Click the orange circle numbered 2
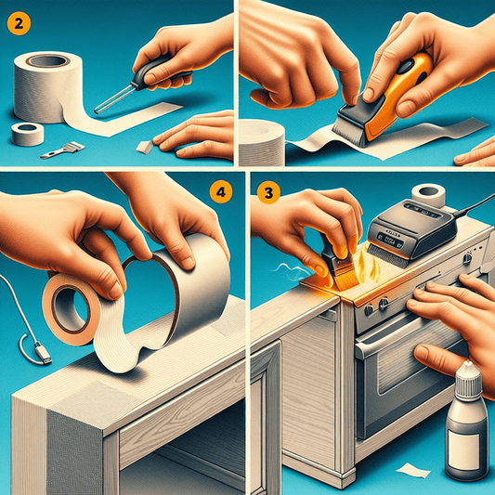click(19, 23)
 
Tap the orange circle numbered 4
click(221, 191)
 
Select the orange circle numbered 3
click(268, 192)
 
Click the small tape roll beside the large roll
click(27, 134)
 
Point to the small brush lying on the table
click(63, 150)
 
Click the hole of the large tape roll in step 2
click(48, 60)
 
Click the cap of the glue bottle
click(467, 380)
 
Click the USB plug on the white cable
click(42, 352)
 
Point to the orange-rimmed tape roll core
click(69, 308)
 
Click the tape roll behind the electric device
click(428, 194)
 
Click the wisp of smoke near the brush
click(291, 271)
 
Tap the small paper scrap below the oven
click(413, 471)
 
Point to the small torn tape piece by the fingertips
click(145, 147)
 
